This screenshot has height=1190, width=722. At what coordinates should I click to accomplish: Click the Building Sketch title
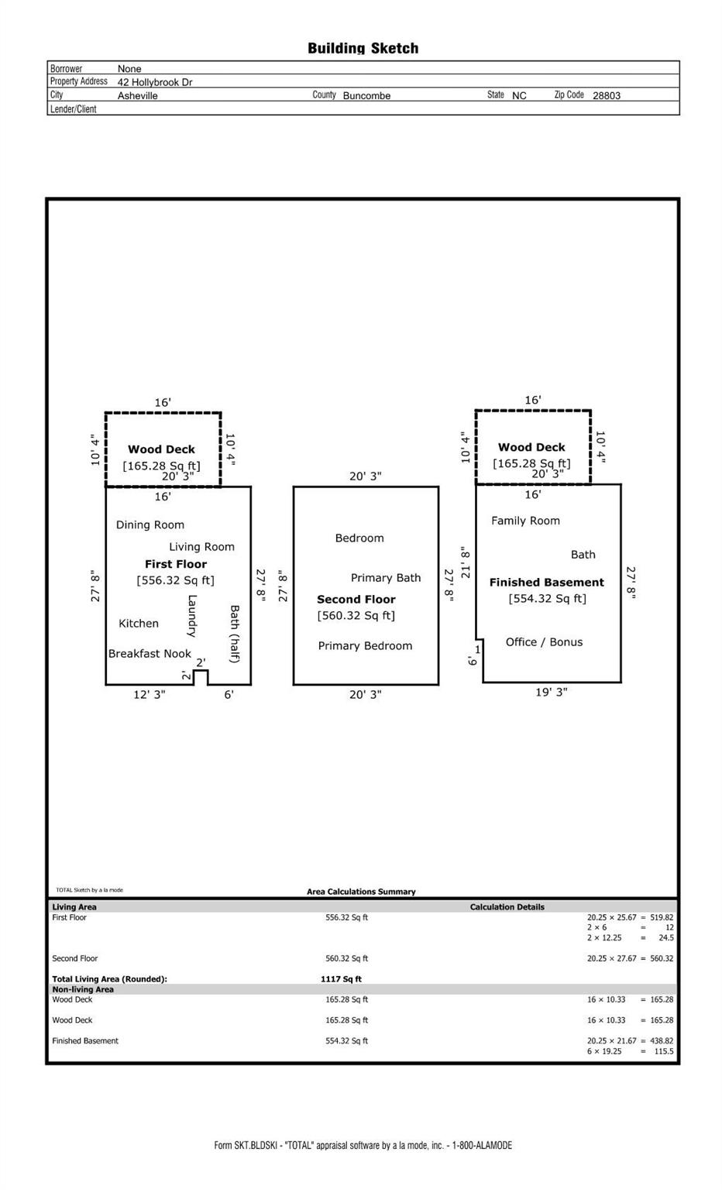coord(363,48)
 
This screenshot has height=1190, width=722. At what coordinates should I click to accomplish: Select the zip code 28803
coord(606,95)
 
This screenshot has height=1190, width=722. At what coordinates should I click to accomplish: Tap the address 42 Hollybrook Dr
coord(155,82)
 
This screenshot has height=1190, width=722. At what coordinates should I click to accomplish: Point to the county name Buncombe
coord(366,95)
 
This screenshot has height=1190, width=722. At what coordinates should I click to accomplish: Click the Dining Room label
coord(150,524)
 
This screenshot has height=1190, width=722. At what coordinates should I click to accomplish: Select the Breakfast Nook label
coord(150,653)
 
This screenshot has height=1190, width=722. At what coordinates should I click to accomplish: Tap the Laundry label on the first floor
coord(192,616)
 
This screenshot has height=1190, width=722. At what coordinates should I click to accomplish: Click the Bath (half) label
coord(234,634)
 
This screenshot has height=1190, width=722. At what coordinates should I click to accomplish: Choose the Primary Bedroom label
coord(365,646)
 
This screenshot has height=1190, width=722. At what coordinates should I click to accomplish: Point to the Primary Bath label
coord(386,578)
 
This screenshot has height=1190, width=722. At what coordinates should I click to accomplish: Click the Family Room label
coord(525,521)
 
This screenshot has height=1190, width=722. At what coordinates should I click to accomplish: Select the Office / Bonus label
coord(544,641)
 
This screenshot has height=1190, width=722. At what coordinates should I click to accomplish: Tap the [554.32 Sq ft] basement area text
coord(547,599)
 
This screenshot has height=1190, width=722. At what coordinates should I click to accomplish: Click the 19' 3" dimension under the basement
coord(552,692)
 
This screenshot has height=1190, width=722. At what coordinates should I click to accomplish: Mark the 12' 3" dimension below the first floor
coord(150,695)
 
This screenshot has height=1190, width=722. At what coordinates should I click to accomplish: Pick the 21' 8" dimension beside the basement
coord(466,562)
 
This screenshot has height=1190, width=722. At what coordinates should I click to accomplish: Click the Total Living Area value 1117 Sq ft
coord(341,979)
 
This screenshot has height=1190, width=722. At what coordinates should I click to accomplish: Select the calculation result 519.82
coord(662,917)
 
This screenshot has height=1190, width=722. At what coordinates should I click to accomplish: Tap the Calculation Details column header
coord(507,907)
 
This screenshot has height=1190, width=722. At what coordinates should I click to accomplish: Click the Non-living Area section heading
coord(83,989)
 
